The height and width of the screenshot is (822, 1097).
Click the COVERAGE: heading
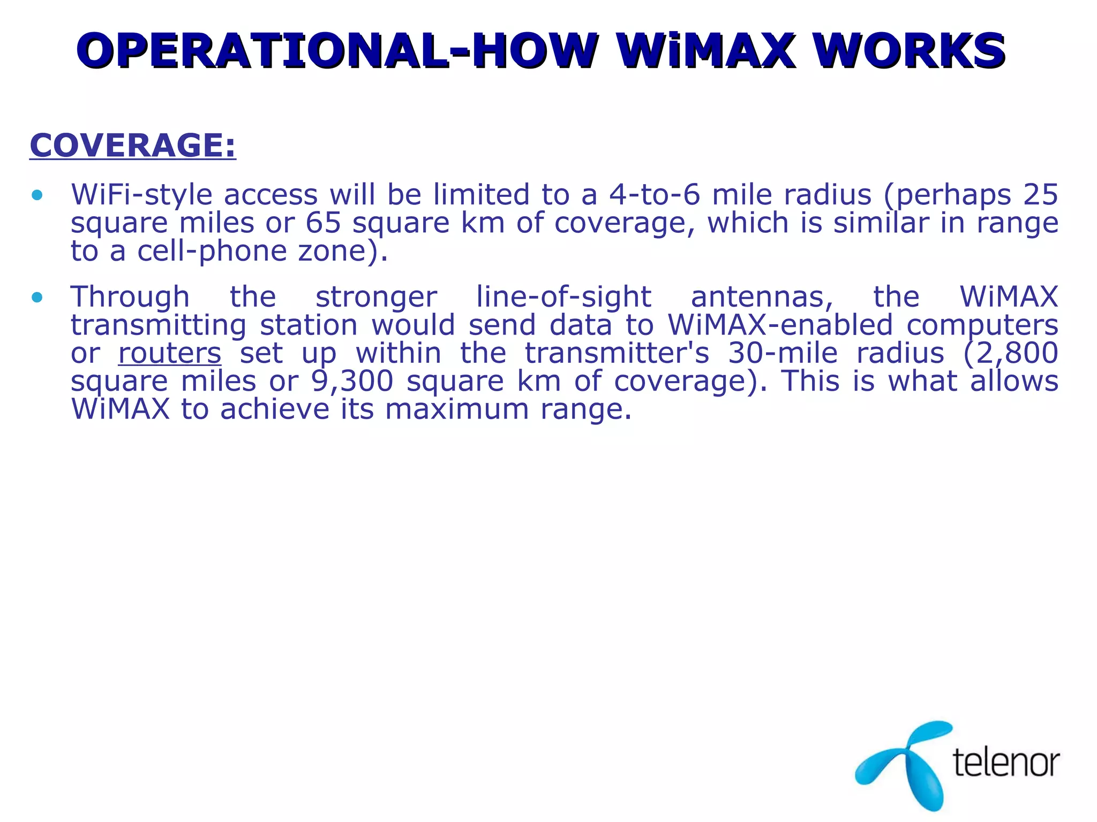pyautogui.click(x=132, y=145)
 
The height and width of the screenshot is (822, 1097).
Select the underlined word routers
pyautogui.click(x=169, y=353)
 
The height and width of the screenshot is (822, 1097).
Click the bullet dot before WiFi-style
pyautogui.click(x=37, y=195)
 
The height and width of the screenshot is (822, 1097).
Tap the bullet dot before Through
pyautogui.click(x=37, y=298)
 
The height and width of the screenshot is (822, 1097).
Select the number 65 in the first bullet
pyautogui.click(x=323, y=223)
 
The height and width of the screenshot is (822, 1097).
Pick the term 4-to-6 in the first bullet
pyautogui.click(x=655, y=194)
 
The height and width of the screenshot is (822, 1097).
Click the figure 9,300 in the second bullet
pyautogui.click(x=352, y=381)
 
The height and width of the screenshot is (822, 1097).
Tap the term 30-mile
pyautogui.click(x=783, y=353)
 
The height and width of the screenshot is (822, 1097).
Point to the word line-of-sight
pyautogui.click(x=563, y=297)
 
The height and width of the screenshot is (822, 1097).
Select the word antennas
pyautogui.click(x=762, y=297)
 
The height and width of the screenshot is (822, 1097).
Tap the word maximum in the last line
pyautogui.click(x=457, y=409)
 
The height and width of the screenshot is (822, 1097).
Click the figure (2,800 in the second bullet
pyautogui.click(x=1010, y=353)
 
